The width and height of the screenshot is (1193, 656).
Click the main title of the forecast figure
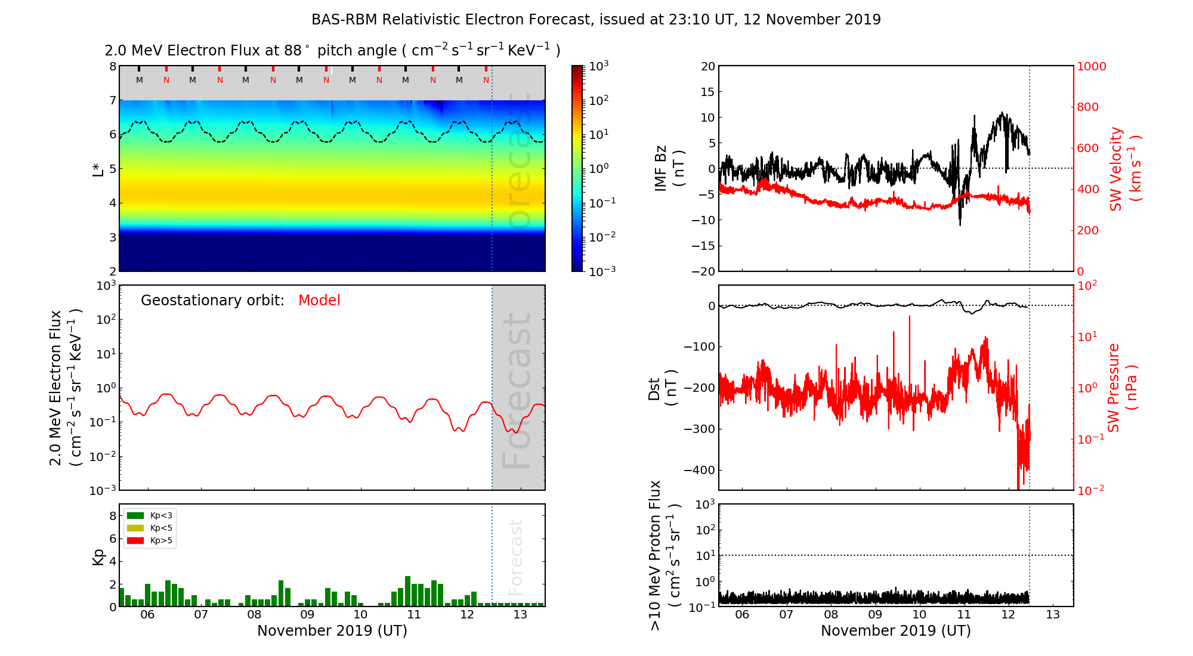[x=596, y=20]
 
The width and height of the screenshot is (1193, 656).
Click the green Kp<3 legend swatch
[x=135, y=515]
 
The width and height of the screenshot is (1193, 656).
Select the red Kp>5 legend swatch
[x=135, y=541]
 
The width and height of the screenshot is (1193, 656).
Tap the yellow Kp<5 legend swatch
[x=135, y=528]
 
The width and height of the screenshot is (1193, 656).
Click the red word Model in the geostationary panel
[x=319, y=301]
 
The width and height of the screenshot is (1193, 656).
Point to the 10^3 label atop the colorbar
[x=599, y=66]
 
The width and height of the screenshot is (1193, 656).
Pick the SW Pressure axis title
[x=1122, y=388]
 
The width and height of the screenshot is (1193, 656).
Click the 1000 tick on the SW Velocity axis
[x=1091, y=67]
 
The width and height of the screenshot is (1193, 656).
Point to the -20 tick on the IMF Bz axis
[x=703, y=271]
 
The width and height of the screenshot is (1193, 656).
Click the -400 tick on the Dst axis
[x=699, y=470]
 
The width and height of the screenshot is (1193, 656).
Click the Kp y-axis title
[x=98, y=557]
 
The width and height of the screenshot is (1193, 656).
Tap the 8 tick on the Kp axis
[x=113, y=516]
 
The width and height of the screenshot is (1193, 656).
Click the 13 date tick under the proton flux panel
[x=1053, y=615]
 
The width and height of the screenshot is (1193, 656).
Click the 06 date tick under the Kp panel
[x=147, y=615]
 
